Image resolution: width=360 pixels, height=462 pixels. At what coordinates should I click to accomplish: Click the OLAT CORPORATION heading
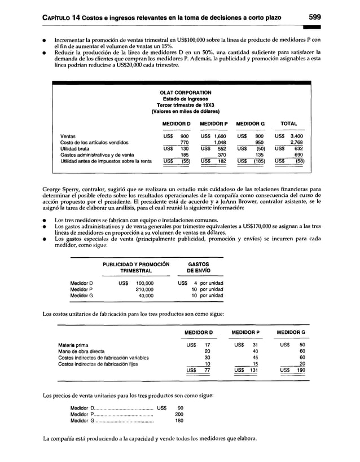pos(186,93)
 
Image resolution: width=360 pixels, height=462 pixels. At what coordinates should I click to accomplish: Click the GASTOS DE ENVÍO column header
pos(198,267)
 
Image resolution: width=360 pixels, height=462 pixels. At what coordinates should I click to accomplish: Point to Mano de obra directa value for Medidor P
pos(254,351)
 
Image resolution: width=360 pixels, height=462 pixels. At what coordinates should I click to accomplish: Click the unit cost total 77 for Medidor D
pos(207,370)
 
